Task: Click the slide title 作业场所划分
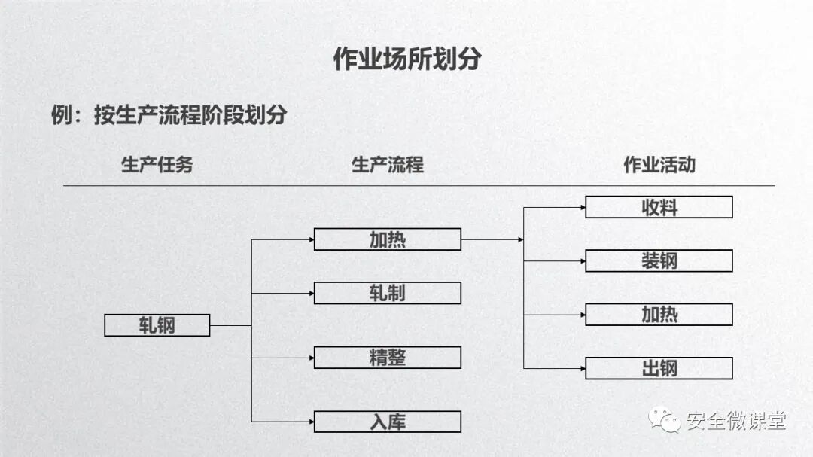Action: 406,59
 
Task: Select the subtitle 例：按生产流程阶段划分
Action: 169,115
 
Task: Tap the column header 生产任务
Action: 157,165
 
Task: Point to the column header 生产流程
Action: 387,165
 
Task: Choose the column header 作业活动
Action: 659,165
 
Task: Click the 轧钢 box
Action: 157,325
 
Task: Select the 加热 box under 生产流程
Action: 387,239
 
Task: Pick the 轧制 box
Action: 387,293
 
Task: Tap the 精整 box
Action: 387,358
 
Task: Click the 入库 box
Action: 387,422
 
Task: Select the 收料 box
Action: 659,207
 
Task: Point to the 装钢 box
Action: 659,260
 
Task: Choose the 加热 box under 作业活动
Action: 659,314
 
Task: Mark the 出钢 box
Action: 659,368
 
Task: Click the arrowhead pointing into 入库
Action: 311,422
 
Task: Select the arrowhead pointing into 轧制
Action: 311,293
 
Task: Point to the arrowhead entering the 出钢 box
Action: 582,368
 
